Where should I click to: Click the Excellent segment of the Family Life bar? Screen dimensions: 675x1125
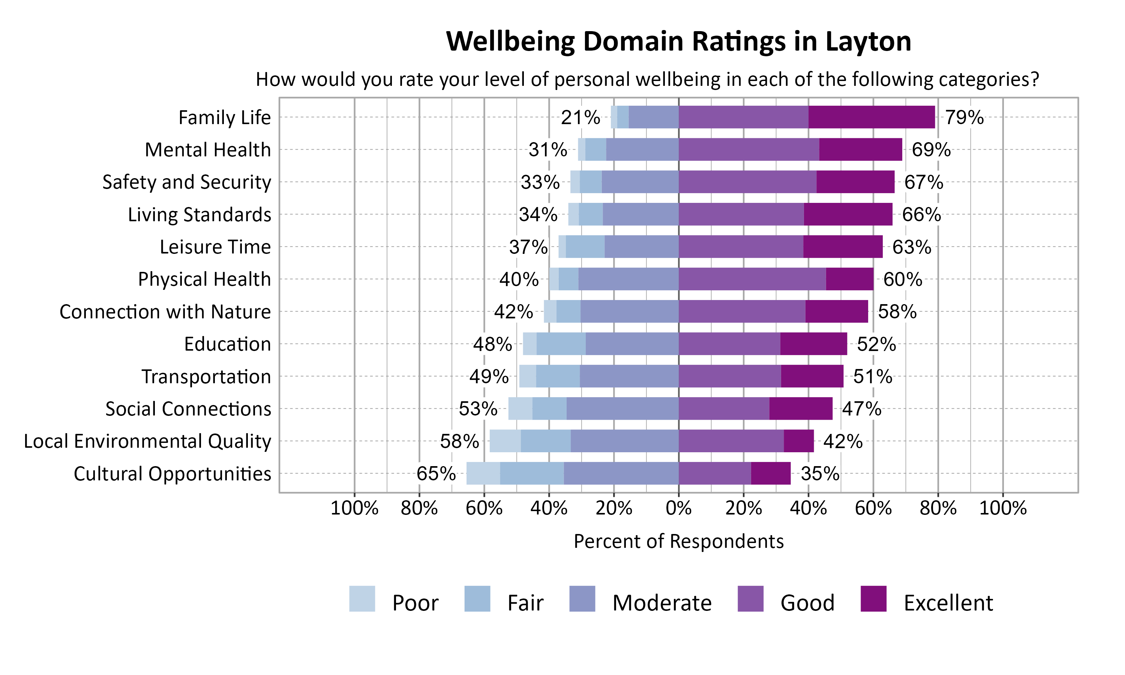tap(871, 117)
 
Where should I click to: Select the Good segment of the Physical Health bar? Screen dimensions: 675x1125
tap(752, 279)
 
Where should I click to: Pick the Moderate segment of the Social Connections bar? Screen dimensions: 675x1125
tap(622, 408)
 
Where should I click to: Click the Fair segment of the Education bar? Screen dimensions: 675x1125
tap(561, 344)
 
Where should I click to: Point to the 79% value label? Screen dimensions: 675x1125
tap(964, 117)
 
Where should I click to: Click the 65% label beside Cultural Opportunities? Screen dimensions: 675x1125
tap(436, 474)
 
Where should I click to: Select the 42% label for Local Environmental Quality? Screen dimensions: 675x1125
tap(843, 441)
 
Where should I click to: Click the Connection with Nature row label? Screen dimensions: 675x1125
tap(165, 312)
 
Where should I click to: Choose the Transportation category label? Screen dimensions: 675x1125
tap(206, 376)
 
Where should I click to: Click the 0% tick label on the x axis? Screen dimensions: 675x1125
tap(678, 508)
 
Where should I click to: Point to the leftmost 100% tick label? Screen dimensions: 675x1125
tap(354, 508)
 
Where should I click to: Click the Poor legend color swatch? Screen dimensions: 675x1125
tap(362, 598)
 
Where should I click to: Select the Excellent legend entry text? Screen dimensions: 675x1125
tap(948, 603)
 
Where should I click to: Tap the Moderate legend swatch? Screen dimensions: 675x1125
tap(582, 598)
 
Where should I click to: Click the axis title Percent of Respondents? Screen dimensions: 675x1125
tap(678, 541)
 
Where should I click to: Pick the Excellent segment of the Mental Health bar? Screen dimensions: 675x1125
tap(860, 150)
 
